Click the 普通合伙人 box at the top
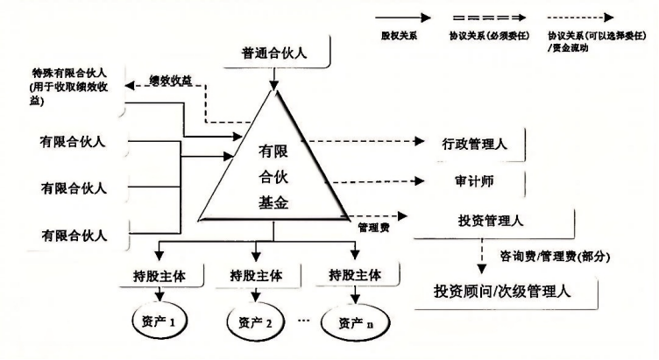coord(274,53)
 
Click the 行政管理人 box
coord(472,143)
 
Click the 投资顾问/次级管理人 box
coord(501,291)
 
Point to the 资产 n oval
coord(356,322)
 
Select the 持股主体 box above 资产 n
coord(356,275)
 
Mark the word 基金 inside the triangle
coord(274,203)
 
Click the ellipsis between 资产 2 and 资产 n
coord(303,320)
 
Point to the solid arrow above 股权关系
coord(402,16)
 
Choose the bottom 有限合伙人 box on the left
coord(74,235)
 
